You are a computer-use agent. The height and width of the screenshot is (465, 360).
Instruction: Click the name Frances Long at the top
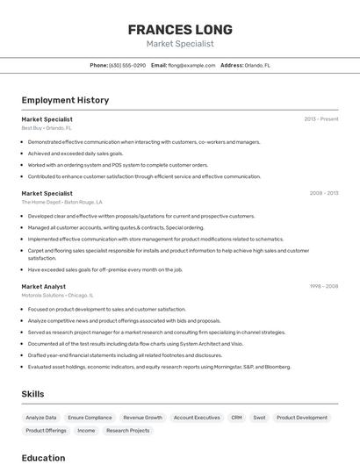pyautogui.click(x=179, y=29)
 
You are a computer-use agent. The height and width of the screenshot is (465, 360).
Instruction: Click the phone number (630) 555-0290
pyautogui.click(x=127, y=65)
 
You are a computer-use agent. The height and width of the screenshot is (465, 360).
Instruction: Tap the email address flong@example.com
pyautogui.click(x=191, y=65)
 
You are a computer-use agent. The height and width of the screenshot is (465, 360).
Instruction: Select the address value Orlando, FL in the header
pyautogui.click(x=257, y=65)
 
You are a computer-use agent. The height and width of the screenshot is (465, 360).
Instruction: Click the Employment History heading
pyautogui.click(x=65, y=100)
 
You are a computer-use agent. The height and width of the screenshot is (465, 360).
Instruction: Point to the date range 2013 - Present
pyautogui.click(x=320, y=119)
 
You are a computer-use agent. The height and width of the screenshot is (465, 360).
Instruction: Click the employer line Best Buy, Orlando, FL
pyautogui.click(x=47, y=128)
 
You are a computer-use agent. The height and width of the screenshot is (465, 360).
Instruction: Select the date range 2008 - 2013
pyautogui.click(x=323, y=193)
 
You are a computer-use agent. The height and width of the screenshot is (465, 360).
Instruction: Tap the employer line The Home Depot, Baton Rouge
pyautogui.click(x=61, y=202)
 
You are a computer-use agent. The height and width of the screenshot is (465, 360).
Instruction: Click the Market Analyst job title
pyautogui.click(x=44, y=287)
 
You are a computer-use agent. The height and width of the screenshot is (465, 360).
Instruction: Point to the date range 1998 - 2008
pyautogui.click(x=323, y=287)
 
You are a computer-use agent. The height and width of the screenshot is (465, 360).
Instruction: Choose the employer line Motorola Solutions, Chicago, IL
pyautogui.click(x=57, y=296)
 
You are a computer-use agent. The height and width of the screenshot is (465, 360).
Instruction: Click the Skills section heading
pyautogui.click(x=32, y=394)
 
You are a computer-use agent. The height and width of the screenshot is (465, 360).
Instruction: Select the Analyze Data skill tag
pyautogui.click(x=41, y=418)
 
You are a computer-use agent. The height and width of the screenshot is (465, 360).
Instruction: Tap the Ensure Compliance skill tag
pyautogui.click(x=90, y=418)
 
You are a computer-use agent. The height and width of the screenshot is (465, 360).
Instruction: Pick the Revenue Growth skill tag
pyautogui.click(x=142, y=418)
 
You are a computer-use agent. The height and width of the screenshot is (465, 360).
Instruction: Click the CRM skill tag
pyautogui.click(x=236, y=418)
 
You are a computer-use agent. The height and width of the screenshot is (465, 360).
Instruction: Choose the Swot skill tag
pyautogui.click(x=259, y=418)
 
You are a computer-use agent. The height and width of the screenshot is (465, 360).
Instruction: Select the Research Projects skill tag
pyautogui.click(x=128, y=431)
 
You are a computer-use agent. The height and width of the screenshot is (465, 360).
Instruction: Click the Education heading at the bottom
pyautogui.click(x=43, y=457)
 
